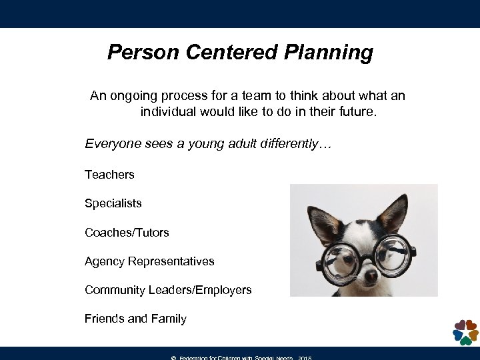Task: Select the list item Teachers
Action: (x=109, y=175)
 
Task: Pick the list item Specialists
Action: (x=113, y=203)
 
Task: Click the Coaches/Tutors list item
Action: (x=127, y=233)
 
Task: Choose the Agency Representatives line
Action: (x=149, y=261)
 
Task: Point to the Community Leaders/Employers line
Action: (x=168, y=290)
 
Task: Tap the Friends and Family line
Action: (x=135, y=319)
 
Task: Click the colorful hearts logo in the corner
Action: (x=465, y=331)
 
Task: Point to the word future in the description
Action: (x=357, y=112)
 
